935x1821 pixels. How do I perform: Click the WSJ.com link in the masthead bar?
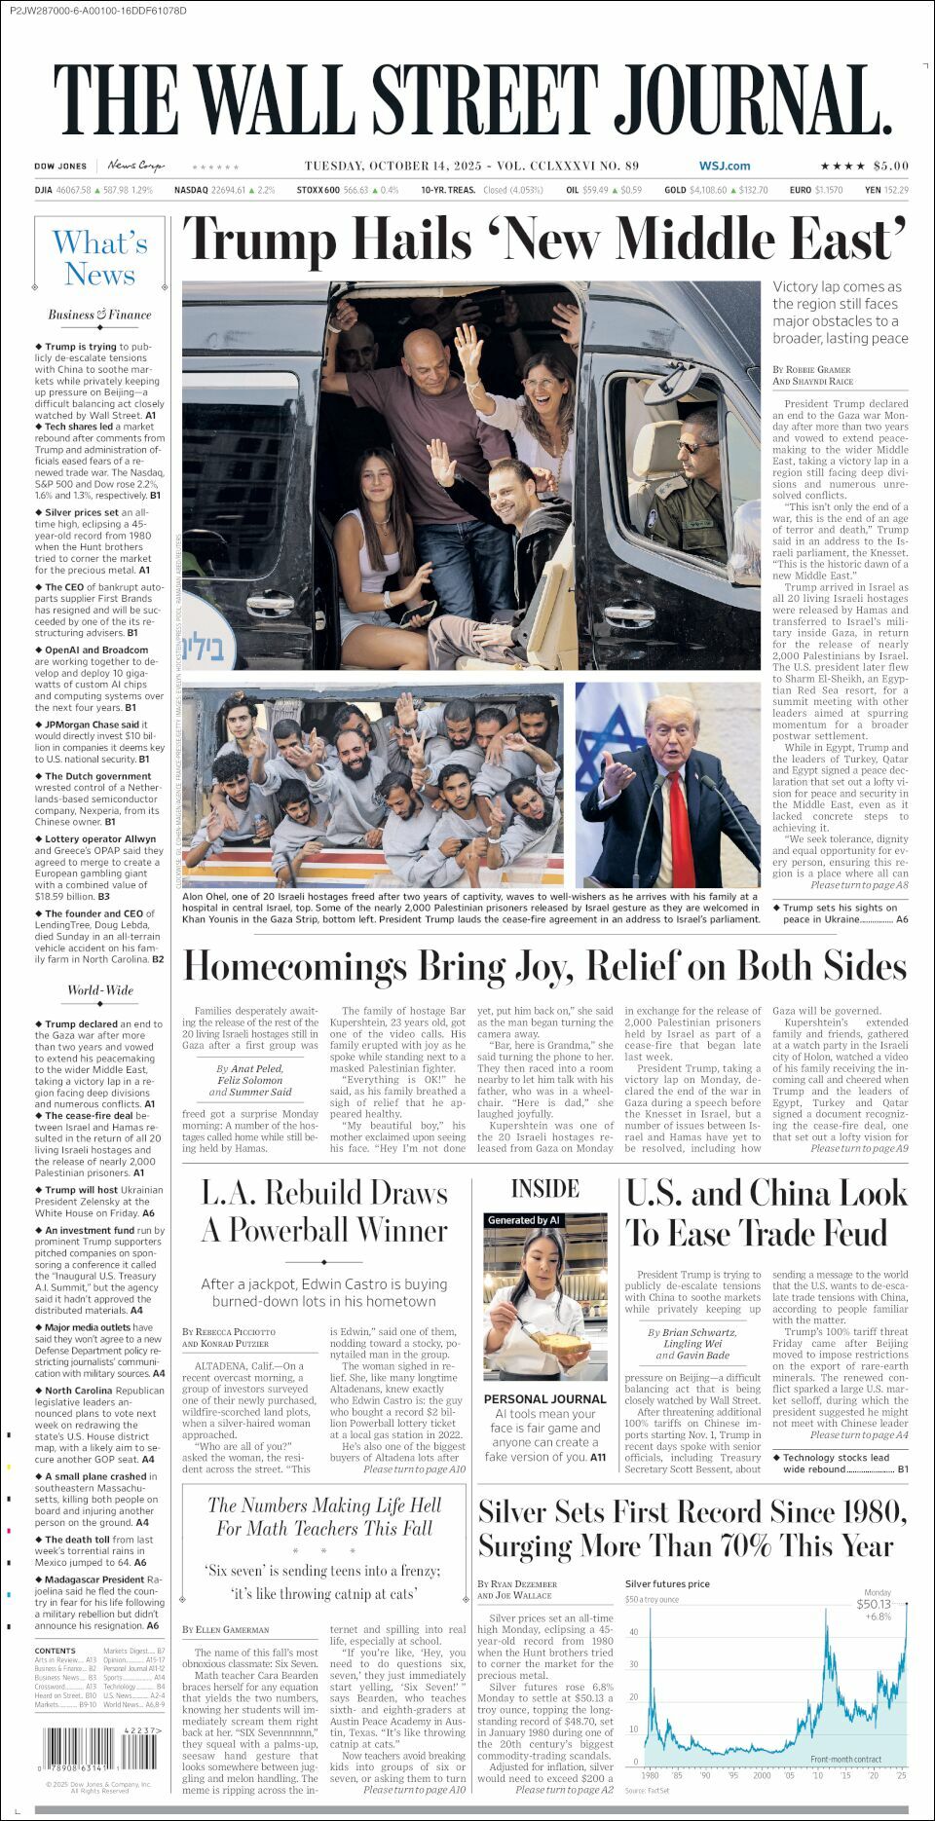coord(725,167)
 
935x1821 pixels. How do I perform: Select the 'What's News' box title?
coord(100,258)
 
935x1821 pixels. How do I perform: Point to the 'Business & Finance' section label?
coord(99,315)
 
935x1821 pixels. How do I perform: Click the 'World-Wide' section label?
coord(99,990)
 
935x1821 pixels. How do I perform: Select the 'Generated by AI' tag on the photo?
coord(524,1220)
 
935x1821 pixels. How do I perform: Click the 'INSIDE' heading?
coord(544,1189)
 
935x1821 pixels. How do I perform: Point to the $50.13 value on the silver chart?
coord(874,1604)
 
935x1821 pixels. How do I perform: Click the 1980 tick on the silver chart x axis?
coord(650,1775)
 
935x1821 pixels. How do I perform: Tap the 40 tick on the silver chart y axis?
coord(633,1632)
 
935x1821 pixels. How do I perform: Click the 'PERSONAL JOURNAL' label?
coord(544,1398)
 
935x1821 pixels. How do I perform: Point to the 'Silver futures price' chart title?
coord(667,1584)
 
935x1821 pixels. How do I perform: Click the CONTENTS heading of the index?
coord(55,1651)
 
